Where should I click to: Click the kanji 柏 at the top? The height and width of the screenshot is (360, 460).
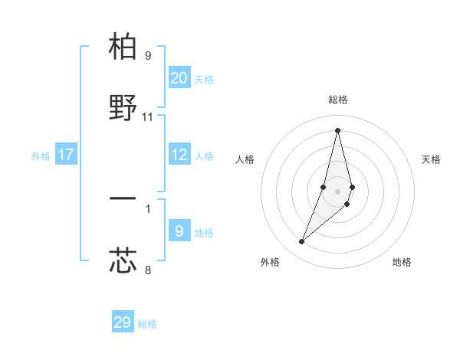pyautogui.click(x=123, y=47)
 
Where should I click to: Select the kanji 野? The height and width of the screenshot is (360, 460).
pyautogui.click(x=123, y=109)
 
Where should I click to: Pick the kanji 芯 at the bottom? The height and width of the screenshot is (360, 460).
pyautogui.click(x=123, y=260)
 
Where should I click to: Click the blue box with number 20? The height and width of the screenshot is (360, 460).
pyautogui.click(x=179, y=78)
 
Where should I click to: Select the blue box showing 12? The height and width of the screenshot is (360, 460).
pyautogui.click(x=179, y=155)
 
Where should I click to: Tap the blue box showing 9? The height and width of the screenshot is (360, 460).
pyautogui.click(x=179, y=231)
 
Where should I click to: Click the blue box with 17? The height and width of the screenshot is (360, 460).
pyautogui.click(x=66, y=155)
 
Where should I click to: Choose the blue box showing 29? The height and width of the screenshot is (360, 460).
pyautogui.click(x=123, y=322)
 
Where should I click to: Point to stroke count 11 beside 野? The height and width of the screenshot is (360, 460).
pyautogui.click(x=148, y=117)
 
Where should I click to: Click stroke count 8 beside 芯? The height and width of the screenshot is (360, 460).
pyautogui.click(x=148, y=269)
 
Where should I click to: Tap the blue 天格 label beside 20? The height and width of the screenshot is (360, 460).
pyautogui.click(x=203, y=80)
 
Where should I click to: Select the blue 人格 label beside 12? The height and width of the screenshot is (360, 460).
pyautogui.click(x=203, y=156)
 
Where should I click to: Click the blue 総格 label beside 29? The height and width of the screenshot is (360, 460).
pyautogui.click(x=147, y=324)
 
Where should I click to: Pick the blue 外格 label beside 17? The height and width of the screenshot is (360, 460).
pyautogui.click(x=41, y=156)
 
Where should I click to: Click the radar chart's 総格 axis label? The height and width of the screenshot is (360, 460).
pyautogui.click(x=337, y=100)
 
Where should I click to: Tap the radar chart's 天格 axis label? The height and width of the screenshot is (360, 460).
pyautogui.click(x=432, y=159)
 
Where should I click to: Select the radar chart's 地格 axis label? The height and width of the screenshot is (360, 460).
pyautogui.click(x=402, y=262)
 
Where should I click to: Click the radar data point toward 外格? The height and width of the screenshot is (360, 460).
pyautogui.click(x=301, y=242)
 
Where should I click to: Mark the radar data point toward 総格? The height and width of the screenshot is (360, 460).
pyautogui.click(x=337, y=129)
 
